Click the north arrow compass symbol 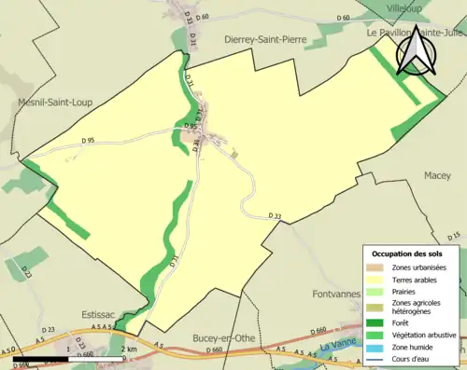415,52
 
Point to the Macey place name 436,175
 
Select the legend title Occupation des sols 413,254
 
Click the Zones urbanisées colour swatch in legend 378,267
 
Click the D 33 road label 275,216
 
